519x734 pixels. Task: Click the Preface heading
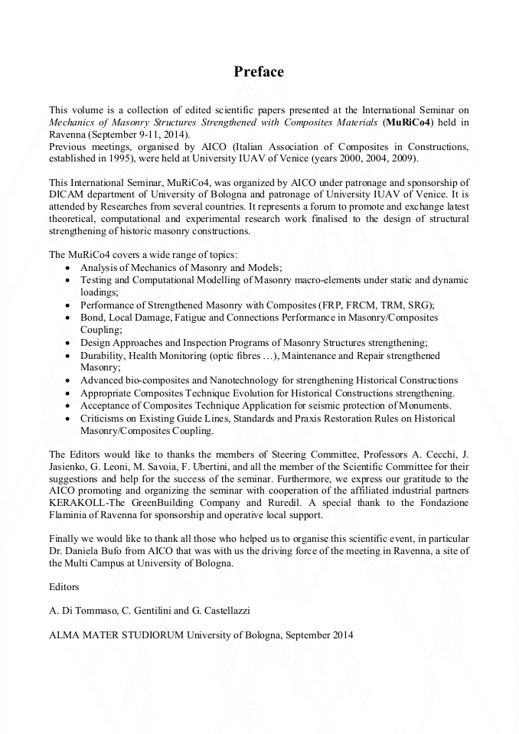click(259, 72)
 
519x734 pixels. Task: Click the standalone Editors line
click(64, 587)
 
